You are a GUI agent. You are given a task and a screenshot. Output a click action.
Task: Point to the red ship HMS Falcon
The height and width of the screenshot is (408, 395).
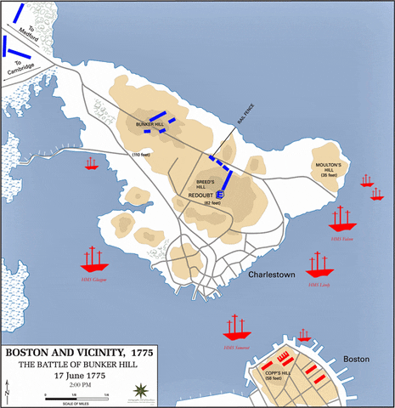tap(342, 218)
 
